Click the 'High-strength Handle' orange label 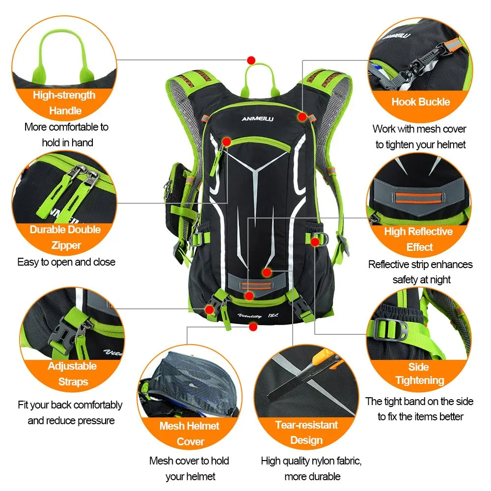pos(64,103)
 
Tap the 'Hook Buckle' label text pos(420,102)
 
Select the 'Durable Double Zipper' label pos(65,237)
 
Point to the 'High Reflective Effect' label pos(419,239)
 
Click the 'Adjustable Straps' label pos(72,374)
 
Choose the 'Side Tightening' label pos(419,374)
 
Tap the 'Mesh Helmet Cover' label pos(190,434)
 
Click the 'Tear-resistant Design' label pos(306,432)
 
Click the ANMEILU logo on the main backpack pos(254,118)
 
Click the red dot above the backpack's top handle pos(251,60)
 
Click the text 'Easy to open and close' pos(66,262)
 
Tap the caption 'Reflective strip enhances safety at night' pos(421,272)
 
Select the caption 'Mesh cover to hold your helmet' pos(190,468)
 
